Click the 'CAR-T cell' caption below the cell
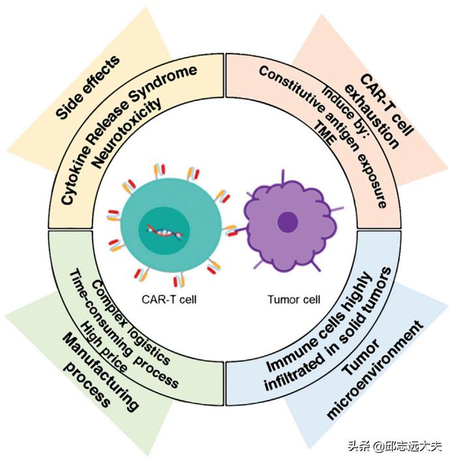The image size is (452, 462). (x=164, y=300)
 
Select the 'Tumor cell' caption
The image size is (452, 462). (x=290, y=300)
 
